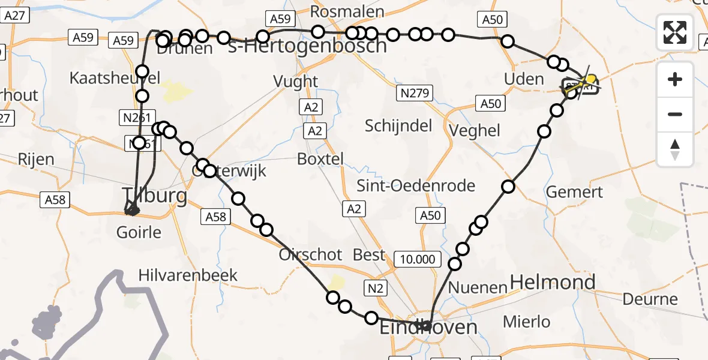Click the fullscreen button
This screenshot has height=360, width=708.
pos(675,32)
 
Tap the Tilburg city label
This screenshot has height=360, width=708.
pos(154,196)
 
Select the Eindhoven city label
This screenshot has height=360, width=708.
pos(429,328)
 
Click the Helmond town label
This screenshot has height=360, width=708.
pos(552,282)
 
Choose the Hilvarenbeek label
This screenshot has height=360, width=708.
pos(188,275)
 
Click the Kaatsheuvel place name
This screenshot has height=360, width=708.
pos(115,78)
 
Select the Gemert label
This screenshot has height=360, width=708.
pos(574,193)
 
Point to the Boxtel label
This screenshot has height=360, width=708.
pos(320,159)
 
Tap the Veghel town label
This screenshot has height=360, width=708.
pos(475,130)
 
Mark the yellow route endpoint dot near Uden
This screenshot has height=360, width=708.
pos(591,80)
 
